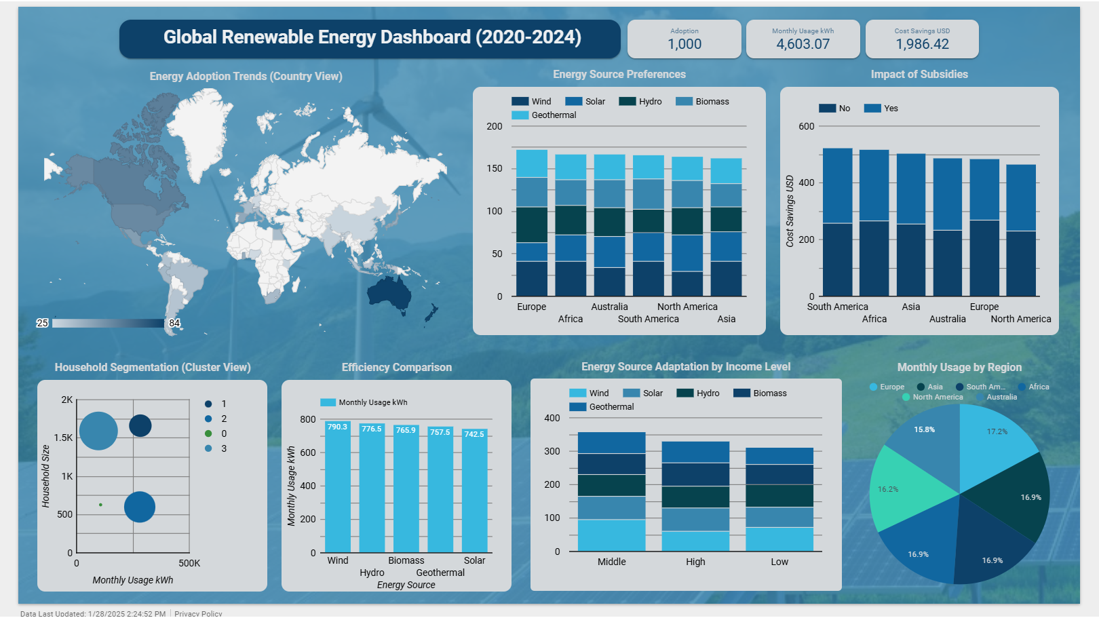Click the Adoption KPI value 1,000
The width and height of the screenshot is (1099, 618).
click(x=685, y=44)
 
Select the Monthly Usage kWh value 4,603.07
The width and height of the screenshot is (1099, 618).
click(x=803, y=44)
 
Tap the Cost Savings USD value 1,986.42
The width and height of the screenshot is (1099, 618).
click(x=922, y=44)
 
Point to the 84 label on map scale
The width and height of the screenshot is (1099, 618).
click(x=174, y=323)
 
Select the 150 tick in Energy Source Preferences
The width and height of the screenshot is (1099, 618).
click(x=495, y=168)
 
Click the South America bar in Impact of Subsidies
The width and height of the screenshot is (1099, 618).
click(x=837, y=224)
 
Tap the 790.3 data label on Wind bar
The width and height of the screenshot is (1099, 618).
click(x=337, y=427)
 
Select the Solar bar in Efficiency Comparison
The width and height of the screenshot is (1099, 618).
click(x=474, y=492)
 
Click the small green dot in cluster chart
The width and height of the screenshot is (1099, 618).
click(x=100, y=505)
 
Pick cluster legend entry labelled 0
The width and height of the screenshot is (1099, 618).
click(x=223, y=433)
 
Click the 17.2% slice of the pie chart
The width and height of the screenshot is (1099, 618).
click(x=994, y=444)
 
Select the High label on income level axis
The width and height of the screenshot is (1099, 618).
click(x=695, y=562)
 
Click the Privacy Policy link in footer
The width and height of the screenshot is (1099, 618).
click(x=198, y=613)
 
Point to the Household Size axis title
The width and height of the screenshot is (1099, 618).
click(x=45, y=476)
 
